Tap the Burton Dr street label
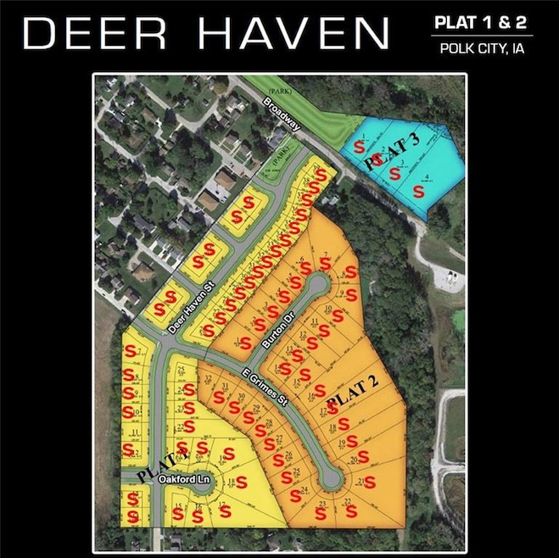pos(266,328)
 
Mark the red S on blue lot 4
pos(419,192)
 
